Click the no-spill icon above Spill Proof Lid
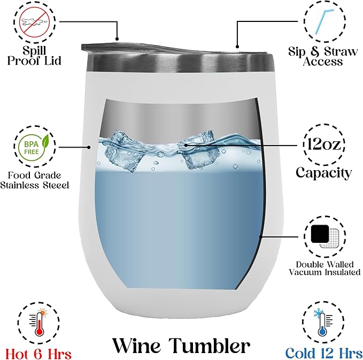pos(34,22)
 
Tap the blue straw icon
pos(325,21)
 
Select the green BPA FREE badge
pos(34,147)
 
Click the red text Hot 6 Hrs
pos(38,354)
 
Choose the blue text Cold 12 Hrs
pos(324,353)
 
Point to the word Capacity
pos(323,173)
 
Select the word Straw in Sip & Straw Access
pos(341,51)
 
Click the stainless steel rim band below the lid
pos(181,62)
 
